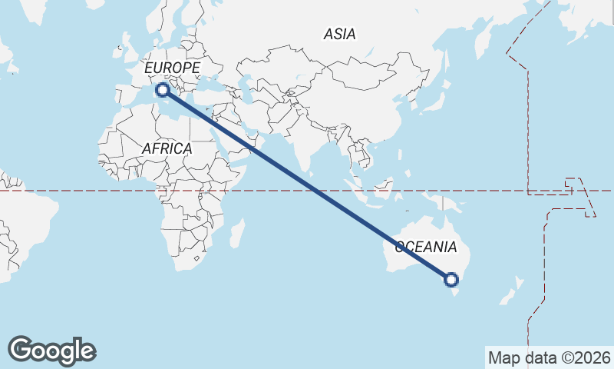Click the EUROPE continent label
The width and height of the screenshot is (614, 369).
click(x=172, y=68)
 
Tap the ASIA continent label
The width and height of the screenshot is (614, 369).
click(x=339, y=34)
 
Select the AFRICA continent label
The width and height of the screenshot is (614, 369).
click(x=167, y=148)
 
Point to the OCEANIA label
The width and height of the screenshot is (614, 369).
click(x=426, y=248)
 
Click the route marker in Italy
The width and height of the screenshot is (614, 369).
click(x=163, y=91)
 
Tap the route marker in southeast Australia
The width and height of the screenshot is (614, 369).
click(x=451, y=280)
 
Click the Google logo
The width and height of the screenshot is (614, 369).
click(x=51, y=351)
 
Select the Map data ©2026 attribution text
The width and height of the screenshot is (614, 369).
click(x=550, y=357)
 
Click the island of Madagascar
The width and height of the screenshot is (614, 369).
click(x=238, y=232)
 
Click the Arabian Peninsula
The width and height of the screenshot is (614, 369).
click(x=234, y=138)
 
